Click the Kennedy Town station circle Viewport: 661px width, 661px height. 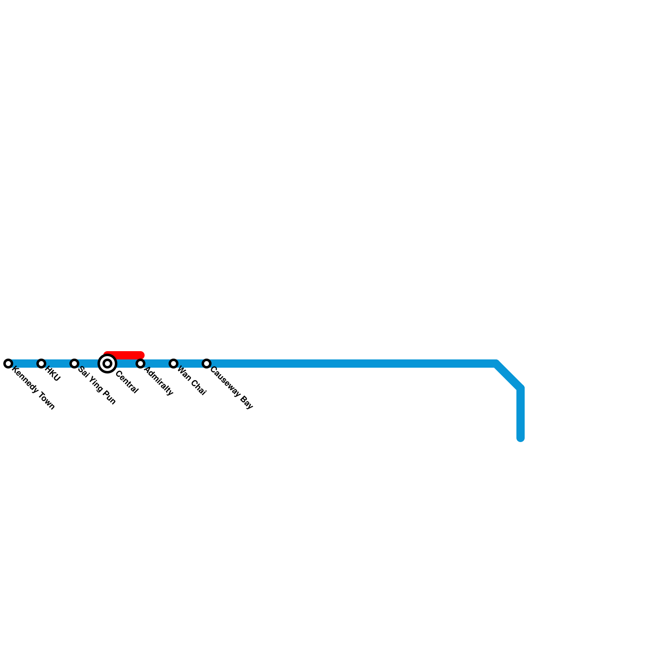click(x=8, y=364)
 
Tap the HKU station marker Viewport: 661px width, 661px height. click(x=41, y=364)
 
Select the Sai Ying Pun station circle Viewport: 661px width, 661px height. click(x=74, y=364)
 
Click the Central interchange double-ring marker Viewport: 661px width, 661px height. click(x=107, y=364)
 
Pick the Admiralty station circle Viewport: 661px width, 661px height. click(x=140, y=364)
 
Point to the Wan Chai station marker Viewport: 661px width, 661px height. click(x=174, y=364)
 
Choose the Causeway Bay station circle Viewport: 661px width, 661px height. click(x=207, y=364)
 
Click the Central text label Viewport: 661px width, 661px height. click(x=127, y=382)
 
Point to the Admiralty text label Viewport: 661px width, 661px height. click(x=159, y=381)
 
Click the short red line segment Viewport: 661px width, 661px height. click(x=124, y=355)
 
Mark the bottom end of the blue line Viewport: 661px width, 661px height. click(x=521, y=438)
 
